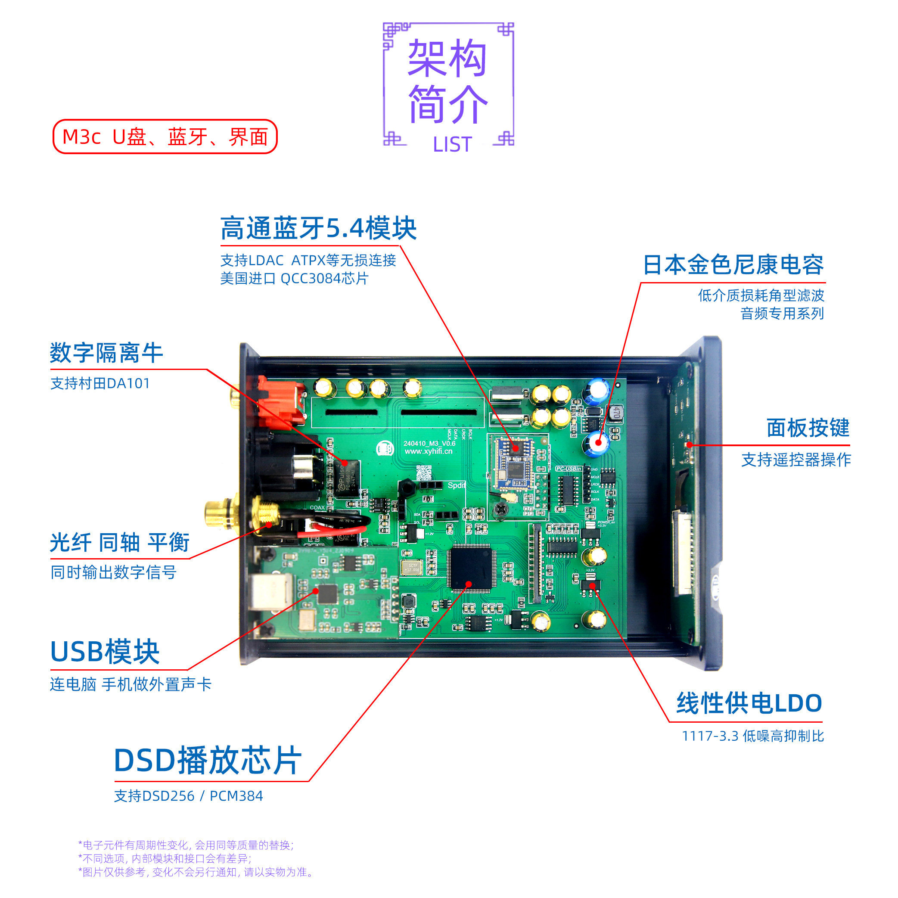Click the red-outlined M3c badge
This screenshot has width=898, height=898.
[x=165, y=137]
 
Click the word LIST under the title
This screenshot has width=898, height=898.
[x=452, y=145]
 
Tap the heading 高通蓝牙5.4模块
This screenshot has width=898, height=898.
[x=318, y=228]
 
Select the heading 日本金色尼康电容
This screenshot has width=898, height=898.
[x=733, y=265]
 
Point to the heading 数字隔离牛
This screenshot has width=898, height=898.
[x=106, y=353]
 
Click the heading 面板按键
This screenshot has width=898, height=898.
[x=808, y=428]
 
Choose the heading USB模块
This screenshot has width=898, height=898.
[x=105, y=652]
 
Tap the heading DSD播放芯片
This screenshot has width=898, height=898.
[x=208, y=761]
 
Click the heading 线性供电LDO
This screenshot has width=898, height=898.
[x=749, y=703]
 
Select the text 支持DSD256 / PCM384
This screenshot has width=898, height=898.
[x=189, y=796]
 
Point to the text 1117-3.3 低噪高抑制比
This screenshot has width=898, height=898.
[x=752, y=736]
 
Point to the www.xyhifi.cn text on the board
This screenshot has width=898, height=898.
[x=428, y=451]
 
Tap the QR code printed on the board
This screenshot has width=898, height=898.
[x=423, y=472]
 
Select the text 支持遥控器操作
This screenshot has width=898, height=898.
[x=796, y=460]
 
